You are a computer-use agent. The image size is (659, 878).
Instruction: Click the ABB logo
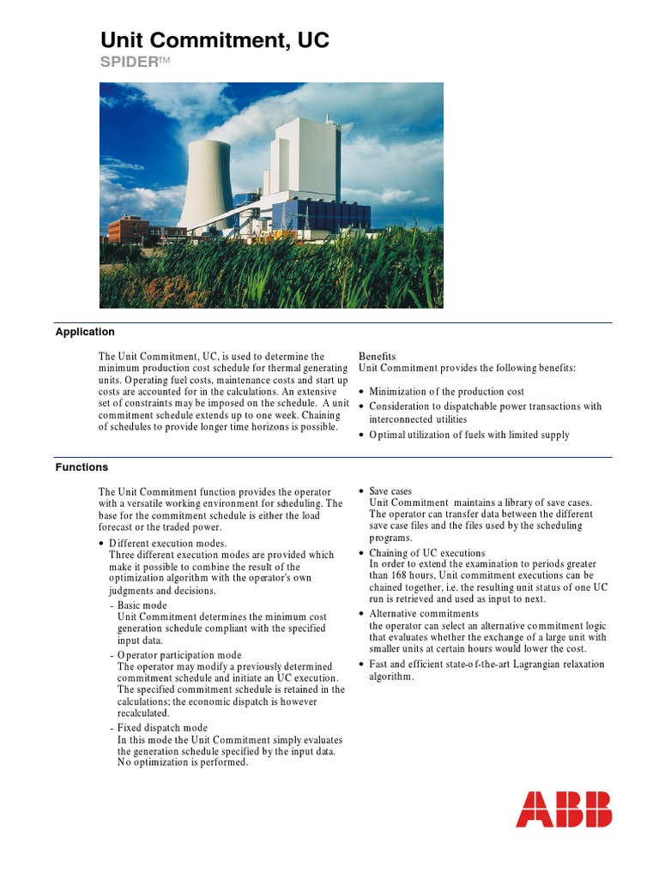click(x=564, y=809)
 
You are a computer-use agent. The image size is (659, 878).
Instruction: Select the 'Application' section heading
click(x=85, y=332)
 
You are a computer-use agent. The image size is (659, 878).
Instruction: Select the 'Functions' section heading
click(x=82, y=467)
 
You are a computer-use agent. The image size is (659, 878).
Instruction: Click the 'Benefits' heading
click(x=378, y=356)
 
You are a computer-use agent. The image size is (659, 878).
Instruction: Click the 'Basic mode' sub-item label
click(x=142, y=605)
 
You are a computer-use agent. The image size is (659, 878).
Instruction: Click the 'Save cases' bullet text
click(x=390, y=491)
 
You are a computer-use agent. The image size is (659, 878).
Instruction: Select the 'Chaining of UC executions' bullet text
click(x=427, y=553)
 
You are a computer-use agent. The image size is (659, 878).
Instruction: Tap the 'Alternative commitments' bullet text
click(x=424, y=614)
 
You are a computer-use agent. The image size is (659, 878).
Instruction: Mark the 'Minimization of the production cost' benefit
click(x=446, y=392)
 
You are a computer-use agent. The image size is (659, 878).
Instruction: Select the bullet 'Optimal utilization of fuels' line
click(x=469, y=435)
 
